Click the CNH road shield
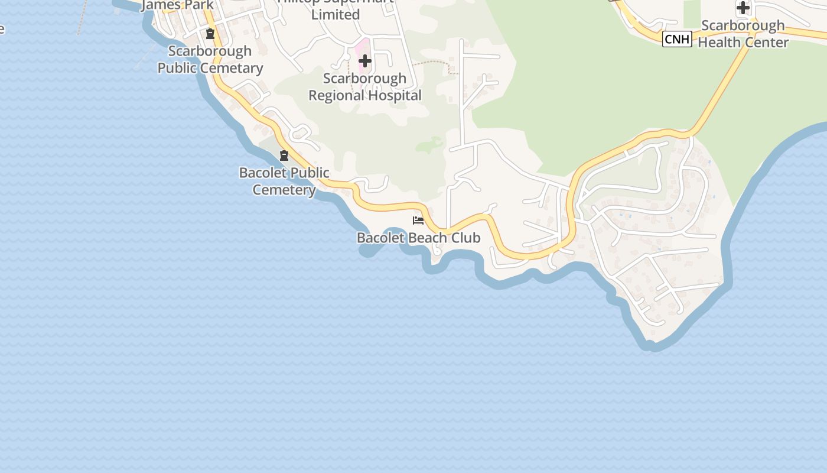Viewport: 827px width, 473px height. point(677,40)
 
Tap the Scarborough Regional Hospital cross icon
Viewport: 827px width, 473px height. point(365,61)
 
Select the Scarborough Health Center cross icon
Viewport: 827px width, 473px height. point(743,8)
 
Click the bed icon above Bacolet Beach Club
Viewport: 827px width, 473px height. point(418,221)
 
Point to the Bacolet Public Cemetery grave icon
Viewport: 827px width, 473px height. point(284,155)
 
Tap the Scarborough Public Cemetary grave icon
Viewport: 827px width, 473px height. point(210,33)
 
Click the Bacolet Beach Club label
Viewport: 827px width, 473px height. point(418,238)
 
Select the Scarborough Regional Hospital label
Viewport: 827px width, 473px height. point(365,87)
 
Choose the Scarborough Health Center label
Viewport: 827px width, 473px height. point(743,34)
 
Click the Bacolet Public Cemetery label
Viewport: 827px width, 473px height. point(284,181)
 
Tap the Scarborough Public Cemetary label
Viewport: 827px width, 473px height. point(210,59)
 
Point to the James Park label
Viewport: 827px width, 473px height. point(178,5)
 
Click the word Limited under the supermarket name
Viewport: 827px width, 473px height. point(336,15)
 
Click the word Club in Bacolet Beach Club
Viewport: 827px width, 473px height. point(465,238)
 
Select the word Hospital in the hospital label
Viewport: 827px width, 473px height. point(396,95)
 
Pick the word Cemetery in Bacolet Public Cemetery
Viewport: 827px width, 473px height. point(284,190)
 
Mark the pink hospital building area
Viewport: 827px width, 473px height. point(361,50)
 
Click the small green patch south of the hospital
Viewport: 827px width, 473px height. point(430,144)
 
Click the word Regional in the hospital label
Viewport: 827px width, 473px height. point(334,95)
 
